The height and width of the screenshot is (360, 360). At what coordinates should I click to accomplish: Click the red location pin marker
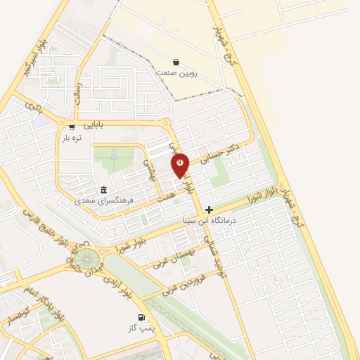181,165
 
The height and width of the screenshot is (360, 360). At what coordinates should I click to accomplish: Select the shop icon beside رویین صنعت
176,62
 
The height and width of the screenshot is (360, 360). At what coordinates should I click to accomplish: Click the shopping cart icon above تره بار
72,127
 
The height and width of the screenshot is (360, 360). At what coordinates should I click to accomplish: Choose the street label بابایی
94,125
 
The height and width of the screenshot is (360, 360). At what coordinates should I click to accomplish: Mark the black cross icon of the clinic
209,210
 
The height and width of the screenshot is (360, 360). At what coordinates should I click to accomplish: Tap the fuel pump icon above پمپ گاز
143,318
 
